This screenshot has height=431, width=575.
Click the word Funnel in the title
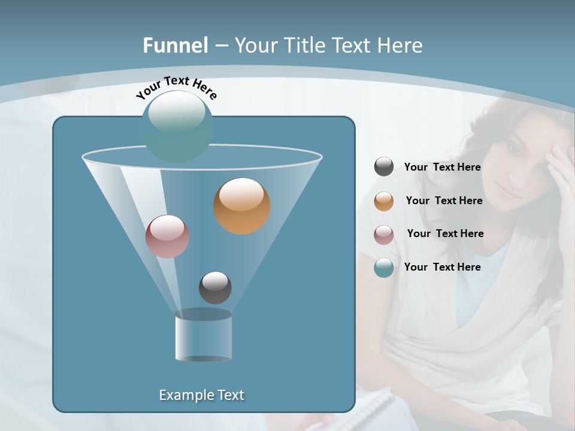pos(175,45)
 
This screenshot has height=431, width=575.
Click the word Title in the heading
pos(302,45)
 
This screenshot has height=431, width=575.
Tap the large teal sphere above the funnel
pos(177,126)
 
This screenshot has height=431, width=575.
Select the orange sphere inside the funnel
pos(241,205)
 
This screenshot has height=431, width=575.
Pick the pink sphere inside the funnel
pos(167,236)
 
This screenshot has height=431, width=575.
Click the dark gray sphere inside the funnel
pos(215,287)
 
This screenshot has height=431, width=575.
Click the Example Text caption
pos(201,395)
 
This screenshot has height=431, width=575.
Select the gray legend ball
pos(384,167)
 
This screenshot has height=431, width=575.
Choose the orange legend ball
pos(384,201)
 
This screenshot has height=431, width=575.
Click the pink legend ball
pos(384,234)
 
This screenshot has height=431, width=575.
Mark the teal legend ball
pos(384,268)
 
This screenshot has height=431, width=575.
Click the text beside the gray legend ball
pos(442,168)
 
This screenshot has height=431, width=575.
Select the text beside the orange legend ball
pos(444,201)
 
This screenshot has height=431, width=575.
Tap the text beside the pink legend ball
pos(445,234)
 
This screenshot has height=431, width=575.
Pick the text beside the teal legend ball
pos(442,268)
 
